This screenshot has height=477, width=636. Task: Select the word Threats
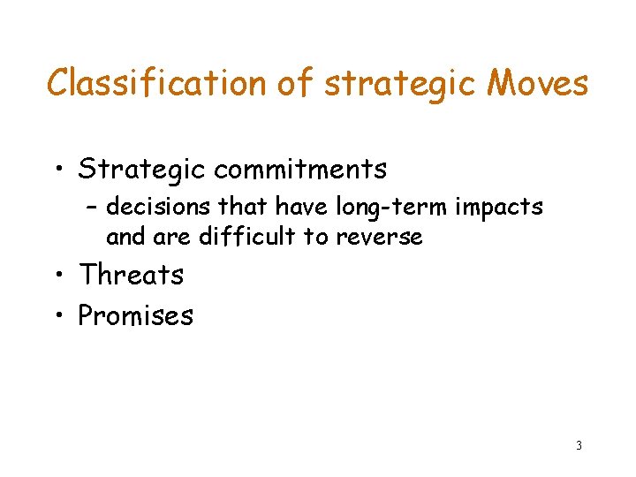(131, 275)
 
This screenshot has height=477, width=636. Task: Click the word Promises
(136, 315)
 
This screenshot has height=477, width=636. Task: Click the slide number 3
(579, 445)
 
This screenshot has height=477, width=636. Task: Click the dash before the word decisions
(93, 208)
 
